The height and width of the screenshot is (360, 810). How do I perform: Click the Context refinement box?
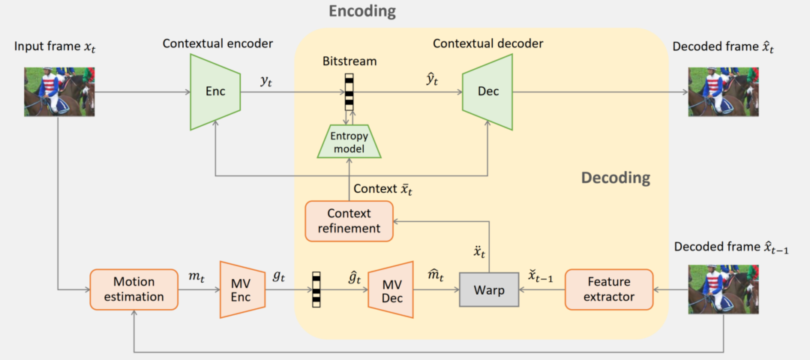[348, 220]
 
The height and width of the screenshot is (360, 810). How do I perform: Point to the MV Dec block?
[391, 288]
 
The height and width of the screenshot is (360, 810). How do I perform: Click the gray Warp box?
[489, 288]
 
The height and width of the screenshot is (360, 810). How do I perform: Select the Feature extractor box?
[608, 288]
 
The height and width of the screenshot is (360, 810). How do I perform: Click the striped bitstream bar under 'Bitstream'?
[348, 91]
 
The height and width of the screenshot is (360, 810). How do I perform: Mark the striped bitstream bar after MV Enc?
[316, 288]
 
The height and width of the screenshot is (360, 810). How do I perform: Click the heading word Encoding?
[362, 11]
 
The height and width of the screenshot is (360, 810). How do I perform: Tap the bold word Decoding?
[615, 178]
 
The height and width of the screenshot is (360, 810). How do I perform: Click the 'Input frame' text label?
[55, 47]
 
